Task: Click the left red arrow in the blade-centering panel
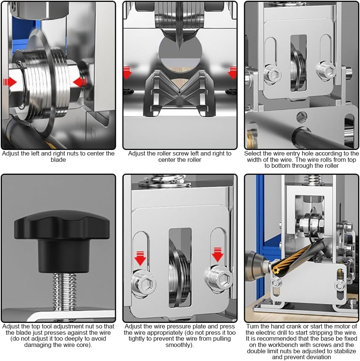(x=10, y=82)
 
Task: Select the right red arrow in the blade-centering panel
(x=80, y=83)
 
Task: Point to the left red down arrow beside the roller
(x=127, y=73)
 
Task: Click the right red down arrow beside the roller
(x=232, y=73)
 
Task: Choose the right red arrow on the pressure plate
(x=217, y=255)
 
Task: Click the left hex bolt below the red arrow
(x=143, y=284)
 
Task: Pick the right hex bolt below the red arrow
(x=219, y=279)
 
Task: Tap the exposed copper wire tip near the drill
(x=276, y=270)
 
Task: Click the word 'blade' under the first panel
(x=58, y=160)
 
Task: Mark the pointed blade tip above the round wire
(x=179, y=49)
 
